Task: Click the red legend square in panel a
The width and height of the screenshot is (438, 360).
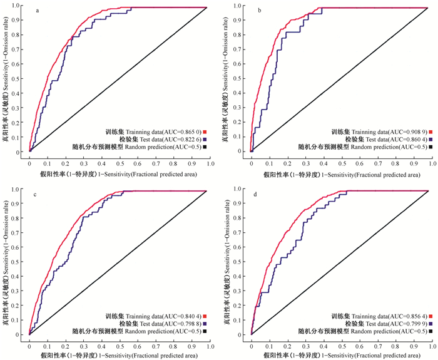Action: point(205,132)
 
